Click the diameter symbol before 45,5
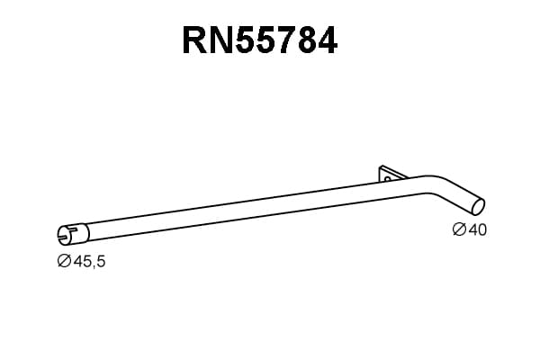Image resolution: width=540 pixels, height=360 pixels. (x=64, y=261)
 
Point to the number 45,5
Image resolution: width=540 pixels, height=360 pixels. (x=89, y=262)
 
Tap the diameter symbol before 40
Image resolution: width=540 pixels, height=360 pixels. (x=459, y=229)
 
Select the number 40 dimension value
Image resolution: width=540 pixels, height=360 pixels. (x=478, y=229)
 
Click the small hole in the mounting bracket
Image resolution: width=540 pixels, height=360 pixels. (x=387, y=179)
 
